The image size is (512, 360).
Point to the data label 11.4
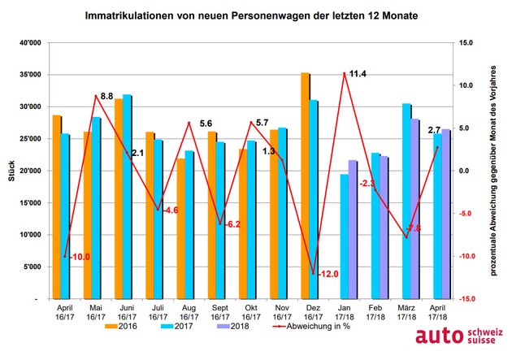pyautogui.click(x=356, y=74)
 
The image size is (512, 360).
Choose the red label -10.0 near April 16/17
pyautogui.click(x=78, y=257)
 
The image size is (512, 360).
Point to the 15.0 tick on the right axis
pyautogui.click(x=466, y=43)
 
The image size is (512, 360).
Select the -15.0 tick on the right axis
pyautogui.click(x=466, y=299)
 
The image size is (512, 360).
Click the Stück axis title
pyautogui.click(x=11, y=172)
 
